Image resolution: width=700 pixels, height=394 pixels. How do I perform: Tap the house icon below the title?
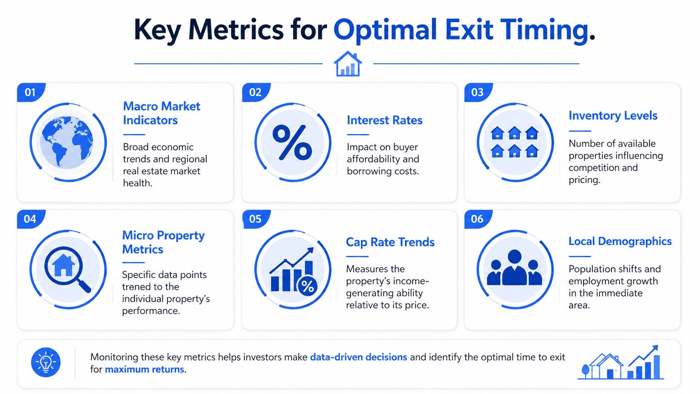click(x=348, y=64)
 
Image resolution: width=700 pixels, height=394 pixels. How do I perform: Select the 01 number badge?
click(x=31, y=92)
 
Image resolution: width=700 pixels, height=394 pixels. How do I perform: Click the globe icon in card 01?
click(x=67, y=142)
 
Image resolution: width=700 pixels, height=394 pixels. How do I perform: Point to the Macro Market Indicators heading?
click(x=161, y=113)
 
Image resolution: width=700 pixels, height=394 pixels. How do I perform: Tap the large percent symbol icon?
click(x=292, y=142)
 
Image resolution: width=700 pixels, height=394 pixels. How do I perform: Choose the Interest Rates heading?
click(x=384, y=120)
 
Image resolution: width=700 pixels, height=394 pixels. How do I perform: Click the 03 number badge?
click(x=478, y=92)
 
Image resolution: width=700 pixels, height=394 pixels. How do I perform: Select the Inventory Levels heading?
click(x=613, y=116)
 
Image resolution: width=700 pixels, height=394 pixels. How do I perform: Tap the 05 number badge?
click(x=256, y=219)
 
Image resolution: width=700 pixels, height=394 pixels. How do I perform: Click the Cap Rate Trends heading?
click(x=390, y=242)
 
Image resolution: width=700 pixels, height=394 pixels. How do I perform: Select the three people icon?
click(x=515, y=268)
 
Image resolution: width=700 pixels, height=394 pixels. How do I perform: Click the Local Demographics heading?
click(x=620, y=241)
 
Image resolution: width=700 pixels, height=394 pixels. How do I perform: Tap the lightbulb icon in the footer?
click(x=46, y=363)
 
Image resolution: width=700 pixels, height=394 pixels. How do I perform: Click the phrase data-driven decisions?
click(x=358, y=357)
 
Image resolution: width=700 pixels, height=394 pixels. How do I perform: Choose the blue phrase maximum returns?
click(x=144, y=369)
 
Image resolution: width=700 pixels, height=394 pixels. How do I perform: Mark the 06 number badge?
click(x=478, y=219)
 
